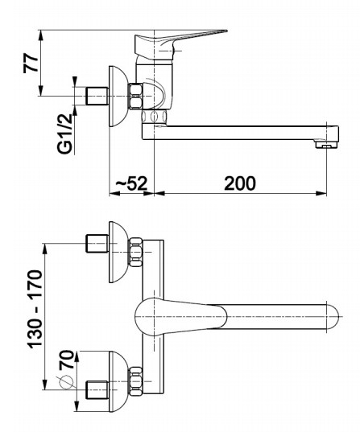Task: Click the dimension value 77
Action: click(31, 63)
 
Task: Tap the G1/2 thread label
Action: click(65, 134)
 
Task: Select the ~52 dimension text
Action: click(131, 183)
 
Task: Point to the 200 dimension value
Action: click(240, 183)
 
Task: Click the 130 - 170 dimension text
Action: click(36, 309)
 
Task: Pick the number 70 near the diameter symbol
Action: click(67, 360)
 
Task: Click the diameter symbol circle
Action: click(66, 382)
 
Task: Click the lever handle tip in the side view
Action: click(225, 31)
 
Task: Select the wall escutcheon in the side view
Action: click(118, 97)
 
